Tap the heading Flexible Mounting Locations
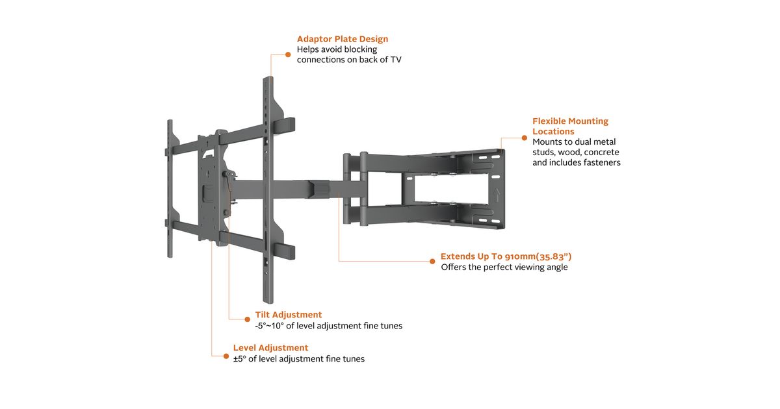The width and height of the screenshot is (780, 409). (x=570, y=126)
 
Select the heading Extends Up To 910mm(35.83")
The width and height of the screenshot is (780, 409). (x=506, y=256)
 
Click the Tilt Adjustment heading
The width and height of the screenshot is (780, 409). (x=288, y=315)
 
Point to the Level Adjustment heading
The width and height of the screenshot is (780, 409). (x=270, y=347)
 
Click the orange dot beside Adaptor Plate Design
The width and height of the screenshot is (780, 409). (x=288, y=55)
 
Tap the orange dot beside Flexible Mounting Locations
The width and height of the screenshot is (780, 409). (x=524, y=137)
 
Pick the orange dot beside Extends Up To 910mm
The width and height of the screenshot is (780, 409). (x=432, y=261)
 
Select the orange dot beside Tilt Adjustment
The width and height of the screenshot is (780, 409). (x=247, y=319)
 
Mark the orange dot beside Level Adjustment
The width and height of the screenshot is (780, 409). (x=226, y=356)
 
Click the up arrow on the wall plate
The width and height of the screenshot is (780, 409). (x=497, y=194)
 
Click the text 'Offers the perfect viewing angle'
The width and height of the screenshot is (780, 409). (x=504, y=267)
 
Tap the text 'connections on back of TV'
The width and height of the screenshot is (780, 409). (x=354, y=60)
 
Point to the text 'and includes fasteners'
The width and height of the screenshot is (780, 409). (x=576, y=162)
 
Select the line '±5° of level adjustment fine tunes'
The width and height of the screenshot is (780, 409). (x=298, y=358)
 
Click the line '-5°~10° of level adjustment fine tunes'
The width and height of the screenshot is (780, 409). (x=328, y=326)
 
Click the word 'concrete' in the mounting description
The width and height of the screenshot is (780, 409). (x=602, y=152)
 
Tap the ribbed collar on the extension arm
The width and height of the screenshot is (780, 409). (x=323, y=189)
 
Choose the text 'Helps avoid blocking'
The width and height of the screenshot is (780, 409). (x=337, y=49)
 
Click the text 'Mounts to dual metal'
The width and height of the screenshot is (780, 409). (x=573, y=142)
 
